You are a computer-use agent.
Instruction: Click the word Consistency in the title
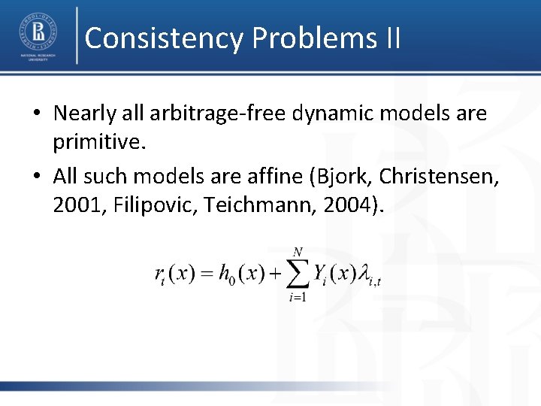(164, 38)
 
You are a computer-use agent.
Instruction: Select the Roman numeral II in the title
(392, 38)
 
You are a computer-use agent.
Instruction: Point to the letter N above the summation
(298, 250)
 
